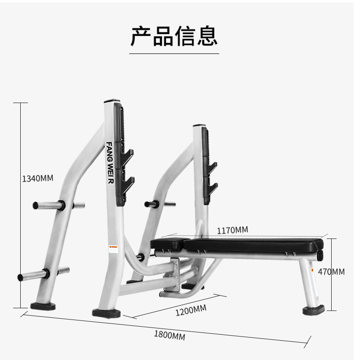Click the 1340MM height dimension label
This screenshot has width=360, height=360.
click(x=37, y=178)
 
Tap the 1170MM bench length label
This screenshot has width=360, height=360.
click(x=232, y=230)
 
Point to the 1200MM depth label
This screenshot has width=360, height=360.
click(x=191, y=310)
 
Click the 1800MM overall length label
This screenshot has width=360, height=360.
click(x=169, y=335)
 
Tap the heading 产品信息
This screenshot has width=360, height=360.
click(x=174, y=36)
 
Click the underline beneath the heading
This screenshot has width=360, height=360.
click(x=174, y=54)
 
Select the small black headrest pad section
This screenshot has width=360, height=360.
click(x=167, y=243)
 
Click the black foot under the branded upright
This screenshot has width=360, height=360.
click(x=106, y=312)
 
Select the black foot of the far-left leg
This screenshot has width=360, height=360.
click(x=43, y=306)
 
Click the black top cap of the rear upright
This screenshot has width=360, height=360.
click(x=199, y=126)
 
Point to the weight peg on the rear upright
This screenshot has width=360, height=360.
click(x=152, y=204)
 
